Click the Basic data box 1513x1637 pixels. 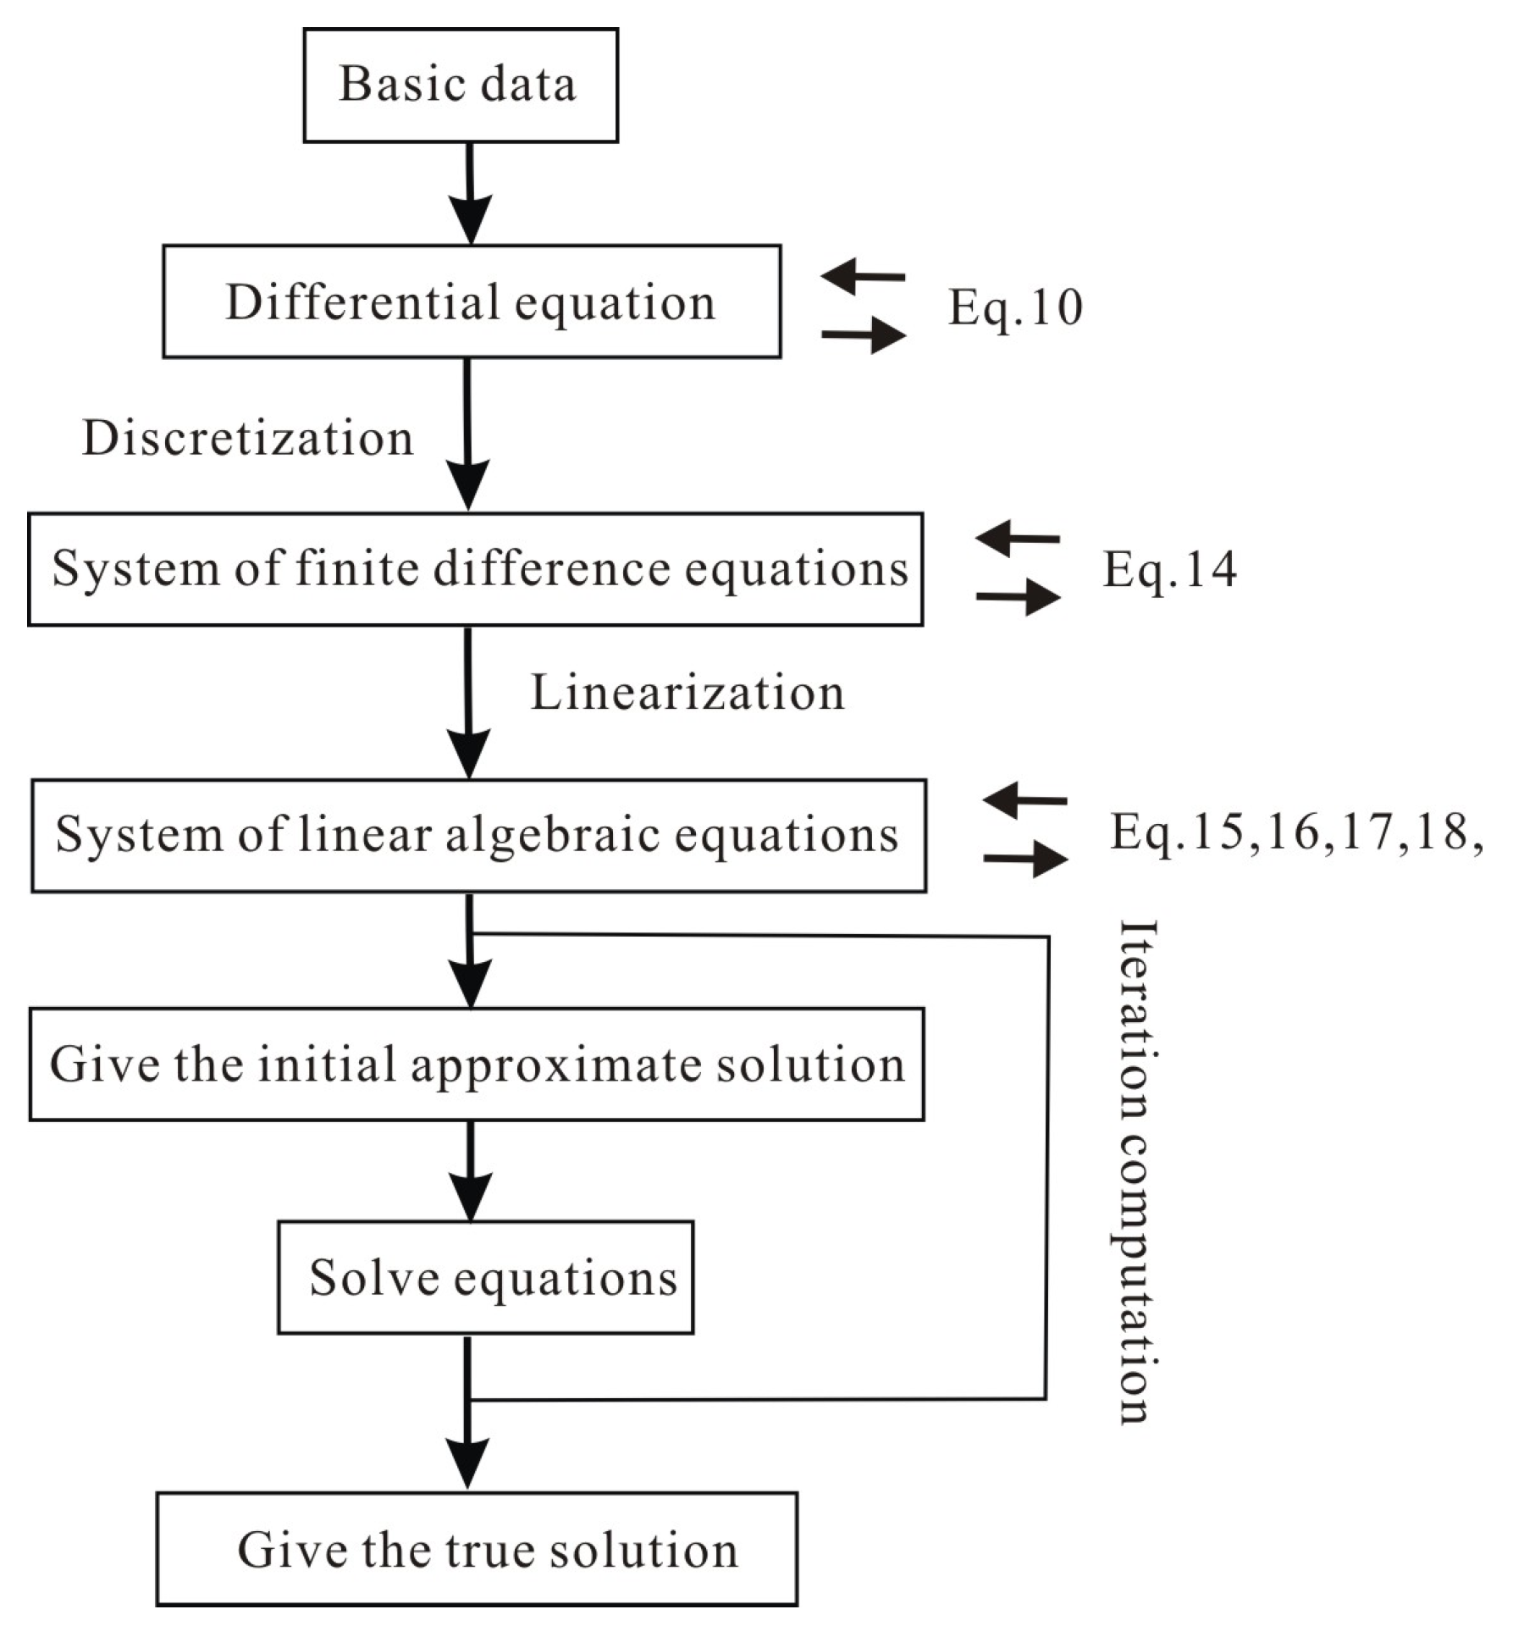coord(461,85)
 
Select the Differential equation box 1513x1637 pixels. coord(472,302)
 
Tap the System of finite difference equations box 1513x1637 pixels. coord(475,569)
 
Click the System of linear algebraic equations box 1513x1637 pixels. coord(478,835)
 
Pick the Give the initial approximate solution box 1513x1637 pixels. coord(477,1065)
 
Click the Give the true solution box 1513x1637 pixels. coord(477,1549)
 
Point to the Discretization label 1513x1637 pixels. coord(247,439)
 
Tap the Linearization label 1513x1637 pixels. coord(687,694)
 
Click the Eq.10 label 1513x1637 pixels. coord(1014,307)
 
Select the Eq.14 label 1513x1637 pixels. coord(1168,569)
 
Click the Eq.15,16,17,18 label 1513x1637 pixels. coord(1295,832)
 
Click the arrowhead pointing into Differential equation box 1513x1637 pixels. coord(471,222)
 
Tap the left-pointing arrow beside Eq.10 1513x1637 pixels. coord(862,275)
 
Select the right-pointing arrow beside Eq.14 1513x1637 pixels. coord(1019,596)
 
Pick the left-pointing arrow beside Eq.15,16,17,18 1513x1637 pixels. coord(1024,799)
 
